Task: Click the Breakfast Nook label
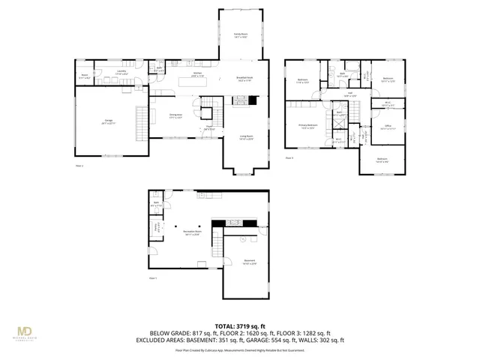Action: [x=245, y=79]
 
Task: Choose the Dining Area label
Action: [x=176, y=116]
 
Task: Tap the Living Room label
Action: [x=245, y=137]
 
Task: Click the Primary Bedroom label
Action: [x=308, y=127]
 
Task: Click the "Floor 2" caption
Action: [x=79, y=166]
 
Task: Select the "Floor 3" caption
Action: [x=289, y=158]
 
